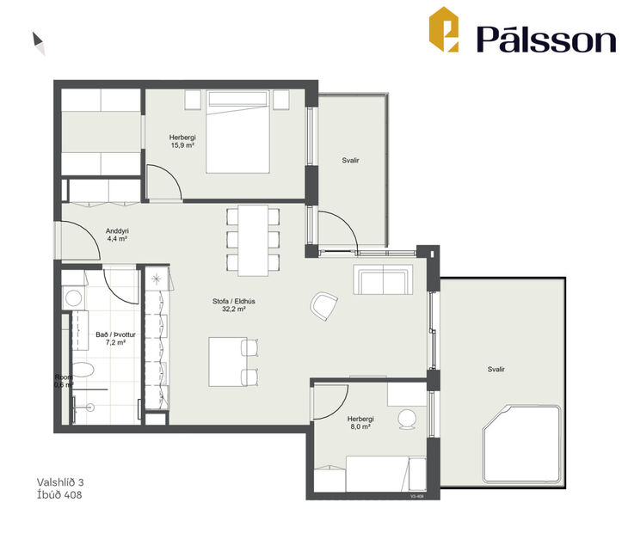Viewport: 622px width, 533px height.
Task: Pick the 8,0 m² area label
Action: pos(360,426)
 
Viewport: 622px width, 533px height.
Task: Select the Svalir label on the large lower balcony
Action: pos(496,369)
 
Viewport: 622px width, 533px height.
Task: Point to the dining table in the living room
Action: pos(254,238)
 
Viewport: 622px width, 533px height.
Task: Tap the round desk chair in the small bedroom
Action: pos(407,421)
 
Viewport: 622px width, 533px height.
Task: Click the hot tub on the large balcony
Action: pos(520,442)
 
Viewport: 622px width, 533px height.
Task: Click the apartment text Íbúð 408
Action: pos(59,495)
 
